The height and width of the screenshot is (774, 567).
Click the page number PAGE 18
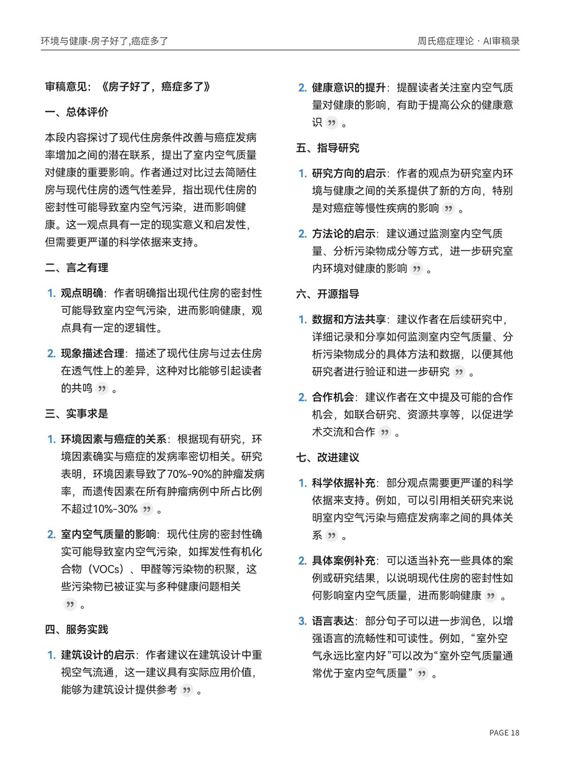(x=504, y=732)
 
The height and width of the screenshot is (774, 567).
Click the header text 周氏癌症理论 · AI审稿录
(x=468, y=41)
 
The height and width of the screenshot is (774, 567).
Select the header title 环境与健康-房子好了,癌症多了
(x=104, y=41)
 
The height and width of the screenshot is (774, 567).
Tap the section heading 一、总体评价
(x=77, y=112)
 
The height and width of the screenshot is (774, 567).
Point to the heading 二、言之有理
(x=77, y=268)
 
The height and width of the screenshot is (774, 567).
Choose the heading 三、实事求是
(x=77, y=413)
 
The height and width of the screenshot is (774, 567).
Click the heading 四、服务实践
(x=77, y=629)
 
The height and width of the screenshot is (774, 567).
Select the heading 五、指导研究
(x=327, y=148)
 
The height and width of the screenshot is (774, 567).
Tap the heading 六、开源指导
(x=327, y=294)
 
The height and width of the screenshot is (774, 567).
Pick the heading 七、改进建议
(x=327, y=457)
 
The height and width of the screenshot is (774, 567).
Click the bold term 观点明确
(x=82, y=293)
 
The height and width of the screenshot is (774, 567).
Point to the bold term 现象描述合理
(x=93, y=353)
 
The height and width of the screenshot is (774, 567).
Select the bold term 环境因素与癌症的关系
(x=113, y=439)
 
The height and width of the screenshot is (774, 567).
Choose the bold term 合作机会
(x=333, y=397)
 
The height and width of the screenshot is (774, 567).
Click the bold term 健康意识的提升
(x=349, y=87)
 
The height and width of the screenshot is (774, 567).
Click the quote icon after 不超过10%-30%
(x=147, y=509)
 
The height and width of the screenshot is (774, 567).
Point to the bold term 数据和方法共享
(x=349, y=320)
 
